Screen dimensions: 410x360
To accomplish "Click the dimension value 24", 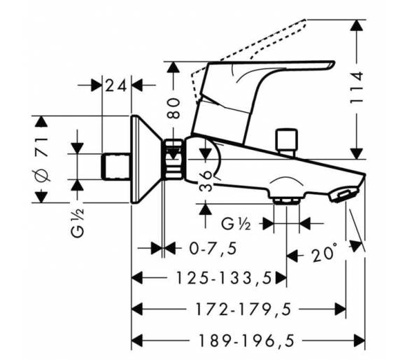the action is [116, 85].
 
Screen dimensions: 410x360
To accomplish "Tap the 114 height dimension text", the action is [357, 87].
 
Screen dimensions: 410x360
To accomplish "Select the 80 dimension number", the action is [174, 108].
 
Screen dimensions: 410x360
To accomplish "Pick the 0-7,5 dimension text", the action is [213, 249].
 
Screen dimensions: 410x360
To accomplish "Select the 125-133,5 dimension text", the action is [224, 278].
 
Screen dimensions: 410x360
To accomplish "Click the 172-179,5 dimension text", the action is [243, 309].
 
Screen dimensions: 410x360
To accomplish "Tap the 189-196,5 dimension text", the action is [246, 340].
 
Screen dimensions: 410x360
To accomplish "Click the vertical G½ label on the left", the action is [78, 223].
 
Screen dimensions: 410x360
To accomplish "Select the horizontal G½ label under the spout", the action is [236, 223].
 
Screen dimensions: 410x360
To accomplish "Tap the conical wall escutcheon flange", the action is [144, 159].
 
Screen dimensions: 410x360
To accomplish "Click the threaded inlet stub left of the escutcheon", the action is [116, 167].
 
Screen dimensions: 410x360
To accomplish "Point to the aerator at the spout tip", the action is [344, 195].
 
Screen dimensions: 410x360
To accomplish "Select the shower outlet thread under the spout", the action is [286, 200].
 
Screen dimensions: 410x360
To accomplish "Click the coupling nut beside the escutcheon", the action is [173, 160].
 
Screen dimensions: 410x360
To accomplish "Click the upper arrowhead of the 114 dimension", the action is [358, 26].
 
